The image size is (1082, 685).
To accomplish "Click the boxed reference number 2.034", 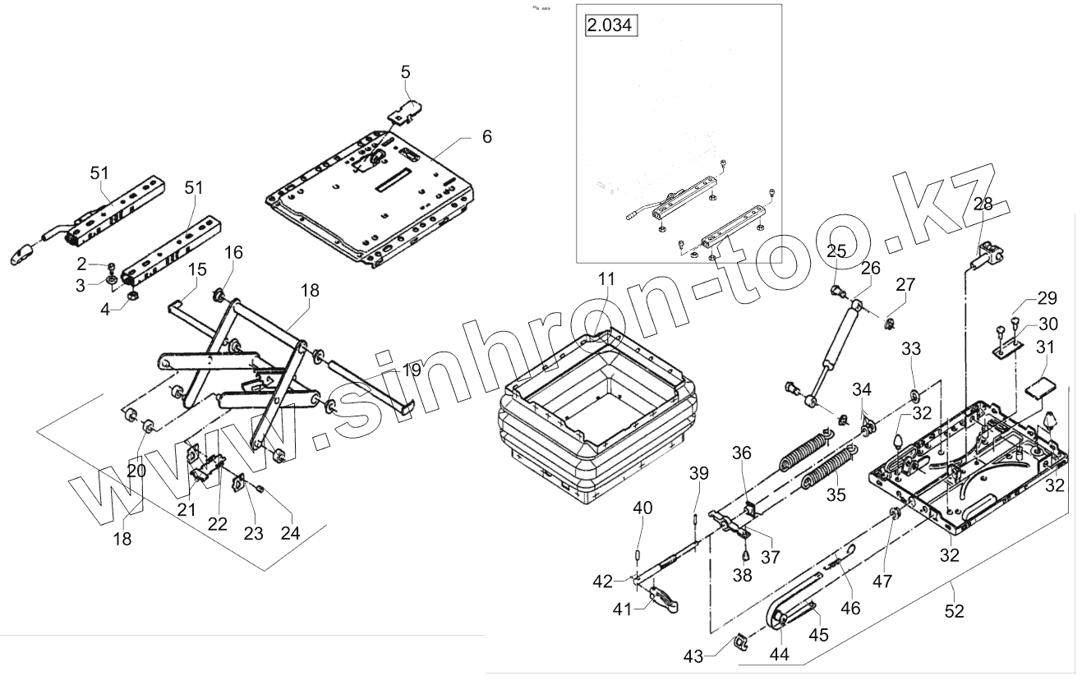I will [610, 25].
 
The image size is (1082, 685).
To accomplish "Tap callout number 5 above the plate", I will [405, 71].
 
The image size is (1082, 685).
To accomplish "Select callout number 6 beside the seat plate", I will [486, 136].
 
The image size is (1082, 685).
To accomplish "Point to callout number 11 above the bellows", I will [605, 279].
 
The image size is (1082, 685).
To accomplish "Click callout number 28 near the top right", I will [983, 205].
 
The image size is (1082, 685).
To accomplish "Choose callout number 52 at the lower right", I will [954, 610].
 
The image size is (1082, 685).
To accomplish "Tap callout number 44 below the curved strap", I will [779, 654].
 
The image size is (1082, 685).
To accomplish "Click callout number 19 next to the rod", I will [411, 370].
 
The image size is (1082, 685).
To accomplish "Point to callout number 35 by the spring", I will [836, 495].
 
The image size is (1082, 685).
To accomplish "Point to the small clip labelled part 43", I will [739, 641].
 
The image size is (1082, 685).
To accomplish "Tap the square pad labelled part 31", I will [1040, 386].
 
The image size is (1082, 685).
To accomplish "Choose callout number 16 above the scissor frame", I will [233, 252].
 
